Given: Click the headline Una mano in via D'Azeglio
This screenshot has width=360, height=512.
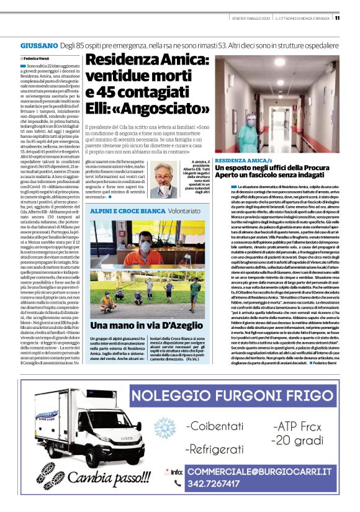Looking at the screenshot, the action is [147, 326].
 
